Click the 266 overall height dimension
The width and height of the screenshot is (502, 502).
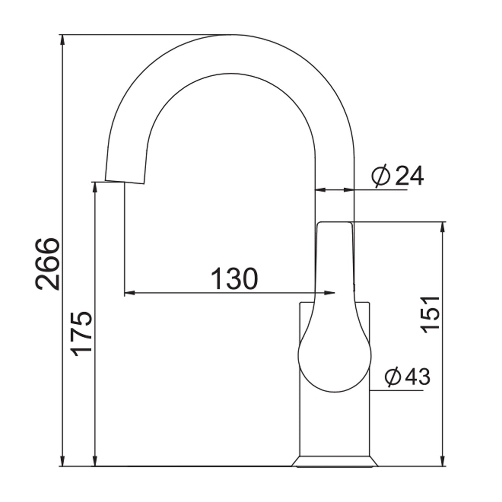[48, 263]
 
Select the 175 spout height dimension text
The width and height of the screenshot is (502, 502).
[82, 334]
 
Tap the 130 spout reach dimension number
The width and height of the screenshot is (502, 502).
[235, 278]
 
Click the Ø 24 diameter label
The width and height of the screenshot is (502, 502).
[398, 176]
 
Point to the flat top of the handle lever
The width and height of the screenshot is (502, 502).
[335, 222]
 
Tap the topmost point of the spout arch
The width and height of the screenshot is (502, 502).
[231, 35]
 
